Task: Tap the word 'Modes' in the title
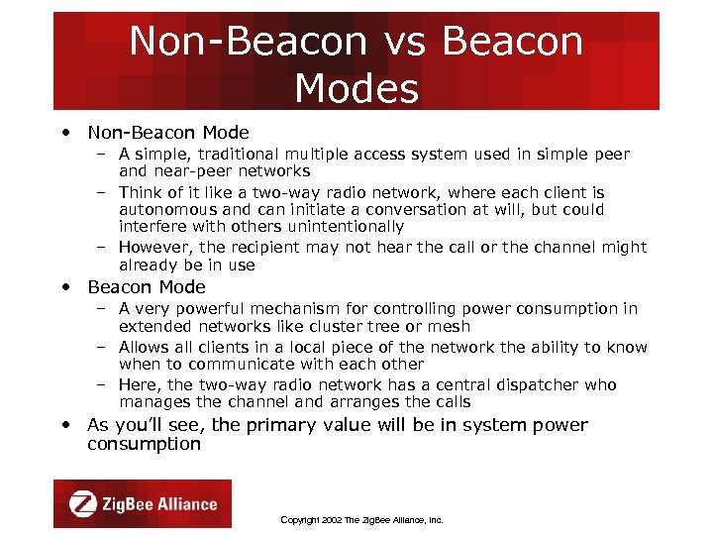[x=356, y=88]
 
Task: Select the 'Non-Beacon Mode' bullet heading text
[x=168, y=133]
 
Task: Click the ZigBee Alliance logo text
[x=159, y=504]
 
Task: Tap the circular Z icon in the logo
[x=82, y=504]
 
